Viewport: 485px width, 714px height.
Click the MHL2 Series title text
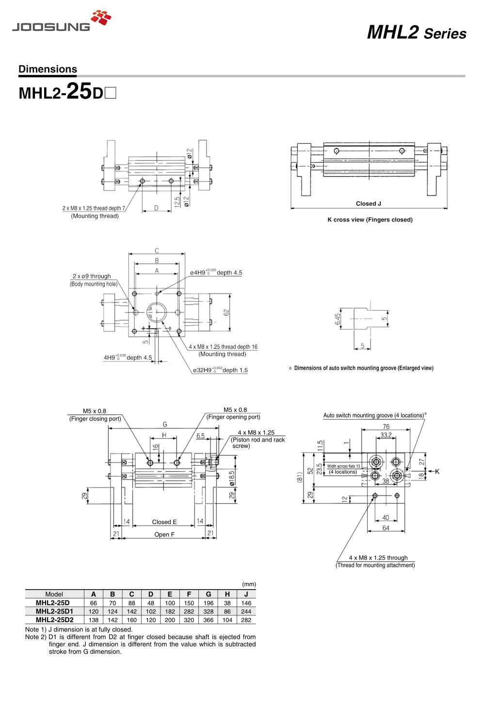coord(417,33)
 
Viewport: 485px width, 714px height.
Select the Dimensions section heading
coord(48,69)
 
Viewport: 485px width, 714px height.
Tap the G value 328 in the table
coord(209,612)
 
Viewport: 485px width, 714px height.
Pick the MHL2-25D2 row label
coord(54,620)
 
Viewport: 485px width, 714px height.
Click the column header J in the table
coord(246,594)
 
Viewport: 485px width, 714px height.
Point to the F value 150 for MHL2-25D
coord(189,603)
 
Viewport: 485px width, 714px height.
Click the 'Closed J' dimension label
coord(368,204)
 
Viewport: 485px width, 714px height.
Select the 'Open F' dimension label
coord(164,535)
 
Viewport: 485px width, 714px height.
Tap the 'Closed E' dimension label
coord(164,522)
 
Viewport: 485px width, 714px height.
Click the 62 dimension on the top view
coord(226,312)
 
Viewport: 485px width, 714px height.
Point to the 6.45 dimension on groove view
coord(338,319)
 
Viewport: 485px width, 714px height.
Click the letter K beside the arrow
coord(437,472)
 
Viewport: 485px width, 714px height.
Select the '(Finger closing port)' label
coord(95,419)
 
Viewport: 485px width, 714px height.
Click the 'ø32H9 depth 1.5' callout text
coord(220,370)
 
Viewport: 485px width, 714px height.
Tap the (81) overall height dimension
coord(299,477)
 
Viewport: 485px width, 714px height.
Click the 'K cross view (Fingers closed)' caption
coord(370,220)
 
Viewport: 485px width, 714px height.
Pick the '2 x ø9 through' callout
coord(92,276)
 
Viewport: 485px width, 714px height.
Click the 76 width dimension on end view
coord(386,426)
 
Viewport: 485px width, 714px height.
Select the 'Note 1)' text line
coord(79,629)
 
